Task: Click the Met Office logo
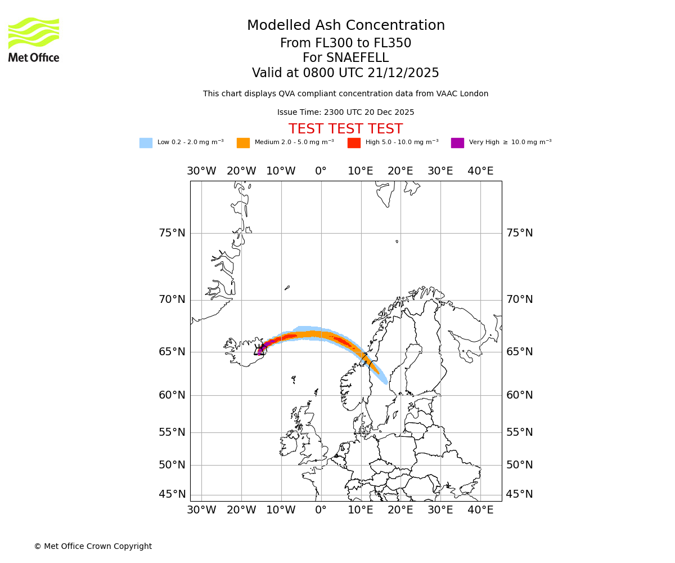34,39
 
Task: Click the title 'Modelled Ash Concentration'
345,26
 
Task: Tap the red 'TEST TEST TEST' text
345,129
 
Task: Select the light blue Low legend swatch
146,143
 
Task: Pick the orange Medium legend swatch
243,143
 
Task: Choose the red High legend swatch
354,143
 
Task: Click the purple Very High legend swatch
457,143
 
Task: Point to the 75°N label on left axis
172,233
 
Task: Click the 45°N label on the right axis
519,494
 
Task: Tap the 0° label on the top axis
321,171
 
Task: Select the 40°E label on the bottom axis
480,510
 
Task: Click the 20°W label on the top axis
241,171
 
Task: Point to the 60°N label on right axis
519,395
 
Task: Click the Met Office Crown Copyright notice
93,547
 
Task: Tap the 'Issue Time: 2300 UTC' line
345,113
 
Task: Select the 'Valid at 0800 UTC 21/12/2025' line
345,73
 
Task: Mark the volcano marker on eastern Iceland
259,351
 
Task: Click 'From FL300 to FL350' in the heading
345,43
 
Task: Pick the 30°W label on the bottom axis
201,510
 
